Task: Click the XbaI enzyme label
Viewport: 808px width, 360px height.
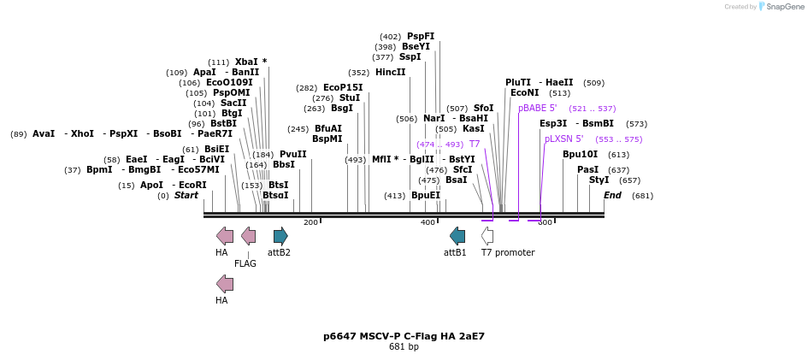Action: [245, 62]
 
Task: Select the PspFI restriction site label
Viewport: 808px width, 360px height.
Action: [421, 37]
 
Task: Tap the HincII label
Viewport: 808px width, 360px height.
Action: [390, 73]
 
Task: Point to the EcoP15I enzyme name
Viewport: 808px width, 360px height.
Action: [343, 88]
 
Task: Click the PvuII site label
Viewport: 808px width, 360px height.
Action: [292, 155]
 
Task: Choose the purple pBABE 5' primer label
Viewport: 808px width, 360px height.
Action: [537, 109]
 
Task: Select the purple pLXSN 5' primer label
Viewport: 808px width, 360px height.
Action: [563, 139]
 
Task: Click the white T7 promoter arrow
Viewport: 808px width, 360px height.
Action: [487, 236]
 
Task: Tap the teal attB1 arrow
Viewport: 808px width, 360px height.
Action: [457, 236]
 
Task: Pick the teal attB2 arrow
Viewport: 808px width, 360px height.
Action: [280, 236]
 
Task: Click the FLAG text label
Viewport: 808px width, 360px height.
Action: [245, 264]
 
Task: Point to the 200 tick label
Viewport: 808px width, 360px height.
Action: [310, 223]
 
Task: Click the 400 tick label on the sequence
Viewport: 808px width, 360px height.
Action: [428, 223]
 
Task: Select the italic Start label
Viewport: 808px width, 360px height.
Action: [186, 196]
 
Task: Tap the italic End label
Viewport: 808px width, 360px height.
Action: [612, 196]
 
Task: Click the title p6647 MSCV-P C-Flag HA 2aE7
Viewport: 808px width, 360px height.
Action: [404, 336]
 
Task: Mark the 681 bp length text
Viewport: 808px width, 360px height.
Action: [404, 347]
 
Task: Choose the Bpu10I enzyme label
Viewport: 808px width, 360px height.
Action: [580, 155]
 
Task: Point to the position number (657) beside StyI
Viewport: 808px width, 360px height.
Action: [629, 180]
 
